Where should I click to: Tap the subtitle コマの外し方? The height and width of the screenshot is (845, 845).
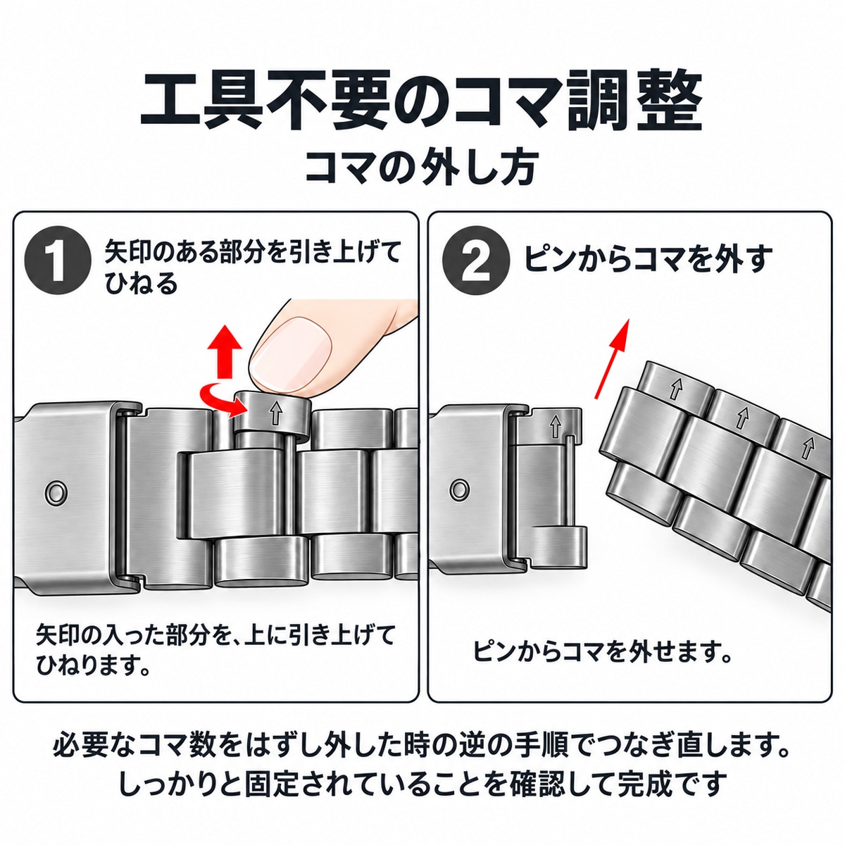[x=421, y=168]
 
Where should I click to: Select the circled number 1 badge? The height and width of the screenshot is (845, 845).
[x=58, y=261]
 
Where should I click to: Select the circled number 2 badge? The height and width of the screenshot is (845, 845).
[x=476, y=261]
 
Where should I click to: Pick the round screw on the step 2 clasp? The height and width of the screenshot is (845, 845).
[x=460, y=489]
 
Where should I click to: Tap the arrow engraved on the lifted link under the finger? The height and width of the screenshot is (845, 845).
[x=275, y=413]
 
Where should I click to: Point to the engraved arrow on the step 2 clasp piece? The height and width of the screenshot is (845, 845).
[x=556, y=426]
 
